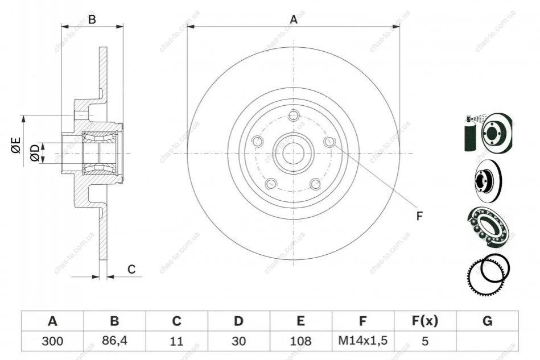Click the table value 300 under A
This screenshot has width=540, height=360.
[x=53, y=341]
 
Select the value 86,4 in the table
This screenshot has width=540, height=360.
[x=115, y=341]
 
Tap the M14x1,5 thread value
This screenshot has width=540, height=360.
[x=362, y=341]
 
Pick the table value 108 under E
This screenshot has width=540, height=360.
[x=300, y=341]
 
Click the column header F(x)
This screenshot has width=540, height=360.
[x=425, y=321]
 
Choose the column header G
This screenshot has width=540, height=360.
[x=487, y=321]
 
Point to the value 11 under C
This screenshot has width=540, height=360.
[x=176, y=341]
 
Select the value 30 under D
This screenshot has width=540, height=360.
[x=238, y=341]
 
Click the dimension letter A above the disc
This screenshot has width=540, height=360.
[x=294, y=19]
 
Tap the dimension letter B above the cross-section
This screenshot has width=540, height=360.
[x=92, y=19]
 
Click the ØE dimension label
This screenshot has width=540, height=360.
[x=16, y=145]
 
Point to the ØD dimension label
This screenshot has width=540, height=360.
[x=35, y=153]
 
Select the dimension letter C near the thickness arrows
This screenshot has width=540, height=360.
[x=131, y=269]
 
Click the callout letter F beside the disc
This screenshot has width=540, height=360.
[x=419, y=216]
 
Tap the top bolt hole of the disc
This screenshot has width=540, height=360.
[x=294, y=115]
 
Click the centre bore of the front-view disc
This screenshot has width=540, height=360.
[x=294, y=153]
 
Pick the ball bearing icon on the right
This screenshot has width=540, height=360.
[x=488, y=226]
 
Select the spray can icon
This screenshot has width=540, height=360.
[x=471, y=134]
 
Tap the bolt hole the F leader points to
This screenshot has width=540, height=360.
[x=329, y=141]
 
